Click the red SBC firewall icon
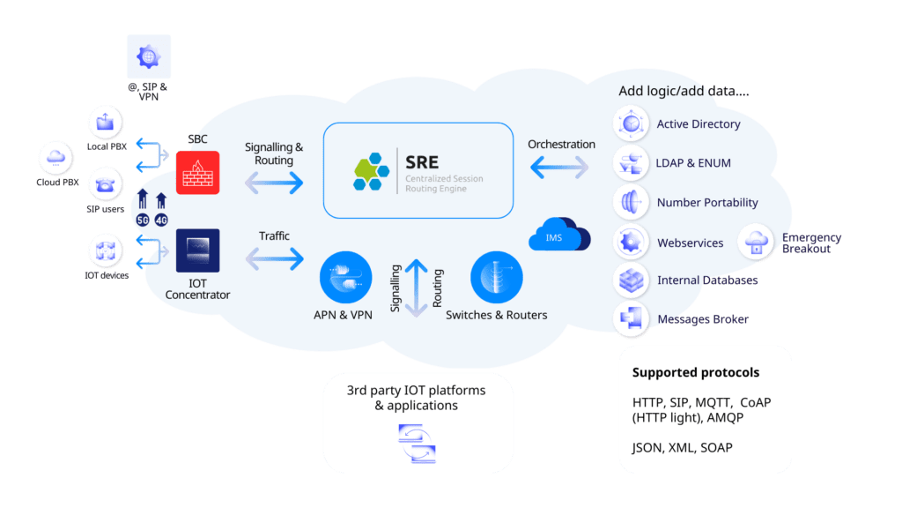click(x=197, y=172)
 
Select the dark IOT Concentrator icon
click(x=197, y=250)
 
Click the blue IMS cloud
click(x=559, y=236)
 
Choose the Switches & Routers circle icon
click(x=496, y=276)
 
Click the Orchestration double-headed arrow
click(x=559, y=167)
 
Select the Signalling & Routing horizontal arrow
click(x=274, y=183)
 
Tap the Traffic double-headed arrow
click(x=274, y=259)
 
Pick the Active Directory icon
click(x=631, y=124)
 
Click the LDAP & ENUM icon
click(x=631, y=163)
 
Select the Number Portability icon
click(x=631, y=202)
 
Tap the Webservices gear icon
click(x=631, y=242)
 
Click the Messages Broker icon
click(x=631, y=318)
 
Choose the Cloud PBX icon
click(x=57, y=159)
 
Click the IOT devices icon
click(x=107, y=250)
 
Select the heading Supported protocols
click(x=696, y=372)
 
